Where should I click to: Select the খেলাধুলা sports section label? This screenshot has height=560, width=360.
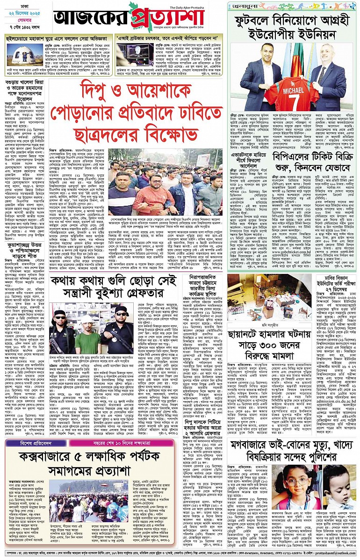coord(243,6)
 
